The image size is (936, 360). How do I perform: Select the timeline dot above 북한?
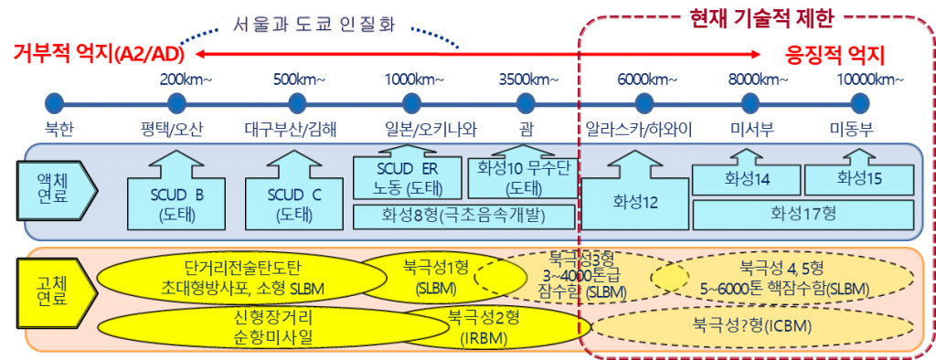(x=54, y=104)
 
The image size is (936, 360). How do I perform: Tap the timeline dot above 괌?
(x=526, y=104)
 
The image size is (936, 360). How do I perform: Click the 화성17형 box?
(x=803, y=214)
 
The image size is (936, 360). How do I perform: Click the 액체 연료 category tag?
(x=58, y=187)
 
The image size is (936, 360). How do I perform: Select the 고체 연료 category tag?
(x=58, y=290)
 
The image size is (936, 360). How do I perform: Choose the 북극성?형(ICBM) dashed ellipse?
(x=752, y=327)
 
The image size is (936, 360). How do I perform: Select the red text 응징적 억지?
(x=835, y=56)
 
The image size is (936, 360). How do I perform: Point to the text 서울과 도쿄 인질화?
(x=314, y=26)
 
